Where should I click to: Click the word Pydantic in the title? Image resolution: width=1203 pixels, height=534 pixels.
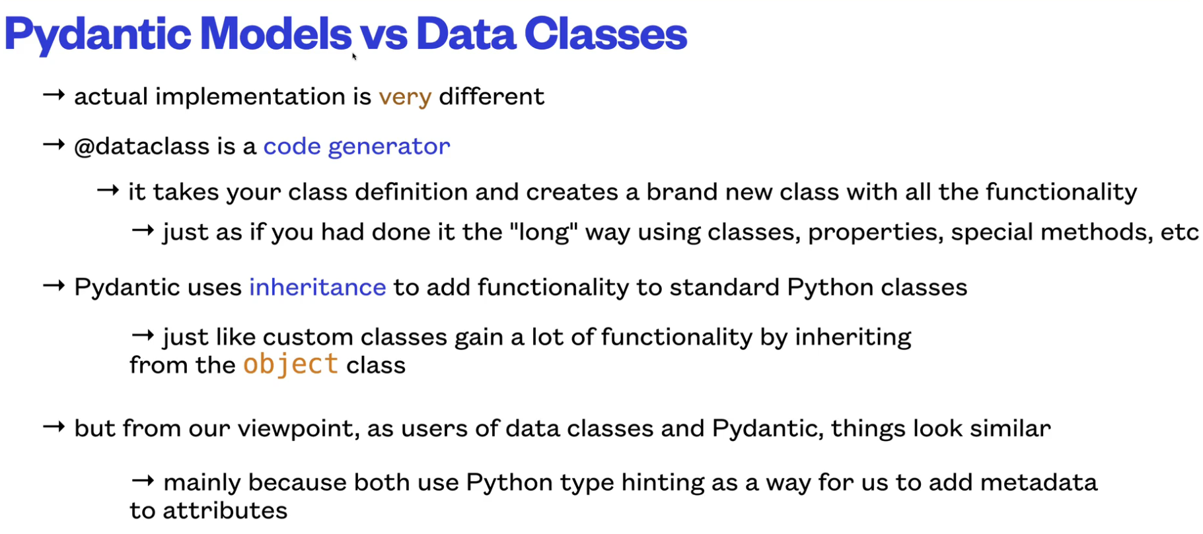point(98,35)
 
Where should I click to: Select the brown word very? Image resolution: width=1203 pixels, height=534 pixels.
point(405,98)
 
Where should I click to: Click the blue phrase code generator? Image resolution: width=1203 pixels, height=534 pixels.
point(357,147)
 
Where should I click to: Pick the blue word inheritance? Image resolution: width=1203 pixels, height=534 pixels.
point(317,287)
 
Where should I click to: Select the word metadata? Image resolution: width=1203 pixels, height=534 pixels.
point(1039,483)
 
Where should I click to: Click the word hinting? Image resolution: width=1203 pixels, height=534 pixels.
point(663,483)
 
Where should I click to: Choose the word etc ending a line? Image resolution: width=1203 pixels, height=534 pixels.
point(1179,232)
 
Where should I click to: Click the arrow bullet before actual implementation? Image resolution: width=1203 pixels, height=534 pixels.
point(54,95)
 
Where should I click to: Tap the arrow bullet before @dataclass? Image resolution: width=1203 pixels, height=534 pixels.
point(54,145)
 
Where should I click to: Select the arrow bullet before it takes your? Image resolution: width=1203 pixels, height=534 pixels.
point(108,191)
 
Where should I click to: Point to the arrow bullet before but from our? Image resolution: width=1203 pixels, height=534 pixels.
point(54,427)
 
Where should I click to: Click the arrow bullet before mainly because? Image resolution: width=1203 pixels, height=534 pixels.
point(143,481)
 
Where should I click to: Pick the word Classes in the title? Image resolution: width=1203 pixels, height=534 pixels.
point(606,34)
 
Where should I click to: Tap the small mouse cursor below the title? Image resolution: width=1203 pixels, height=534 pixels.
point(354,57)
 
